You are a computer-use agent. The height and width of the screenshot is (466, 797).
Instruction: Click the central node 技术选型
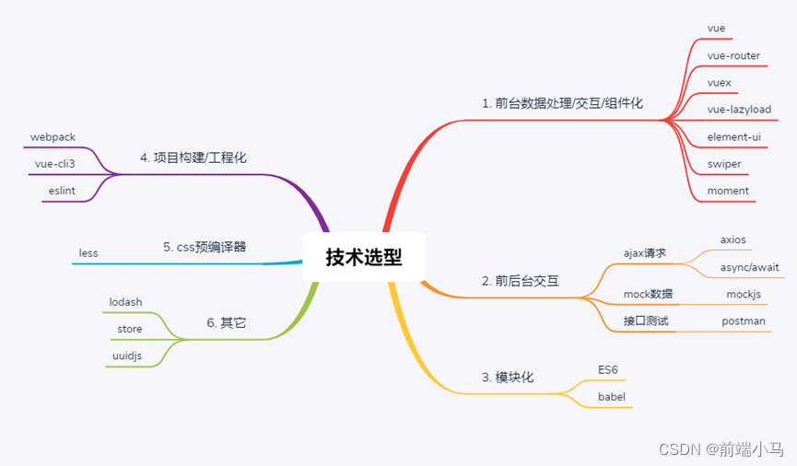pos(364,257)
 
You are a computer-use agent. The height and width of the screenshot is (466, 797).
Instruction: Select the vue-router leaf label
pos(733,55)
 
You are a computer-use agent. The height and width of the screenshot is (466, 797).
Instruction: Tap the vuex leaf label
pos(719,82)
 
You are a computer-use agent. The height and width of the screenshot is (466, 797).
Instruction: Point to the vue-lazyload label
pos(739,109)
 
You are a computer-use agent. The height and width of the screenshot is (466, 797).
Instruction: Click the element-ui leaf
pos(733,136)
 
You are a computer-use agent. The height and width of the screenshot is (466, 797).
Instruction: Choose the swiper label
pos(724,164)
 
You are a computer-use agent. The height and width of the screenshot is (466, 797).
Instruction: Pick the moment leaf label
pos(728,191)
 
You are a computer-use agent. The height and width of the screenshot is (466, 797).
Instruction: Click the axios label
pos(733,239)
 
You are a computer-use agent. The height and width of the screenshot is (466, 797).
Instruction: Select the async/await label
pos(750,267)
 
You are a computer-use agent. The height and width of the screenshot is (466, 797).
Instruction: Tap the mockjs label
pos(744,294)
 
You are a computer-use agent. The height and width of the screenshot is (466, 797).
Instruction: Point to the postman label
pos(743,320)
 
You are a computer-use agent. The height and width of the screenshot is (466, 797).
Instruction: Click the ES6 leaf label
pos(608,369)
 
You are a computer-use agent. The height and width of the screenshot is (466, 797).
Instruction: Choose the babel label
pos(612,397)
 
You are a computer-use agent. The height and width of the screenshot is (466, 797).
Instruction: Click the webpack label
pos(53,136)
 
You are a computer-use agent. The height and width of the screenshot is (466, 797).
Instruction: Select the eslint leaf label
pos(63,191)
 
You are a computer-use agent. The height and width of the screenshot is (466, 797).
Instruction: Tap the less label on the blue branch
pos(88,252)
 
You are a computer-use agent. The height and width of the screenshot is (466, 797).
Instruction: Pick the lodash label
pos(125,301)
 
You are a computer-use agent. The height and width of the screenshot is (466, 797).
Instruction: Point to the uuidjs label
pos(121,355)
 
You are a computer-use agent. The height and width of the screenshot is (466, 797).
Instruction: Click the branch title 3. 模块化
pos(508,378)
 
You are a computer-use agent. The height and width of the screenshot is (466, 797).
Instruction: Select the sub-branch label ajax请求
pos(645,252)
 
